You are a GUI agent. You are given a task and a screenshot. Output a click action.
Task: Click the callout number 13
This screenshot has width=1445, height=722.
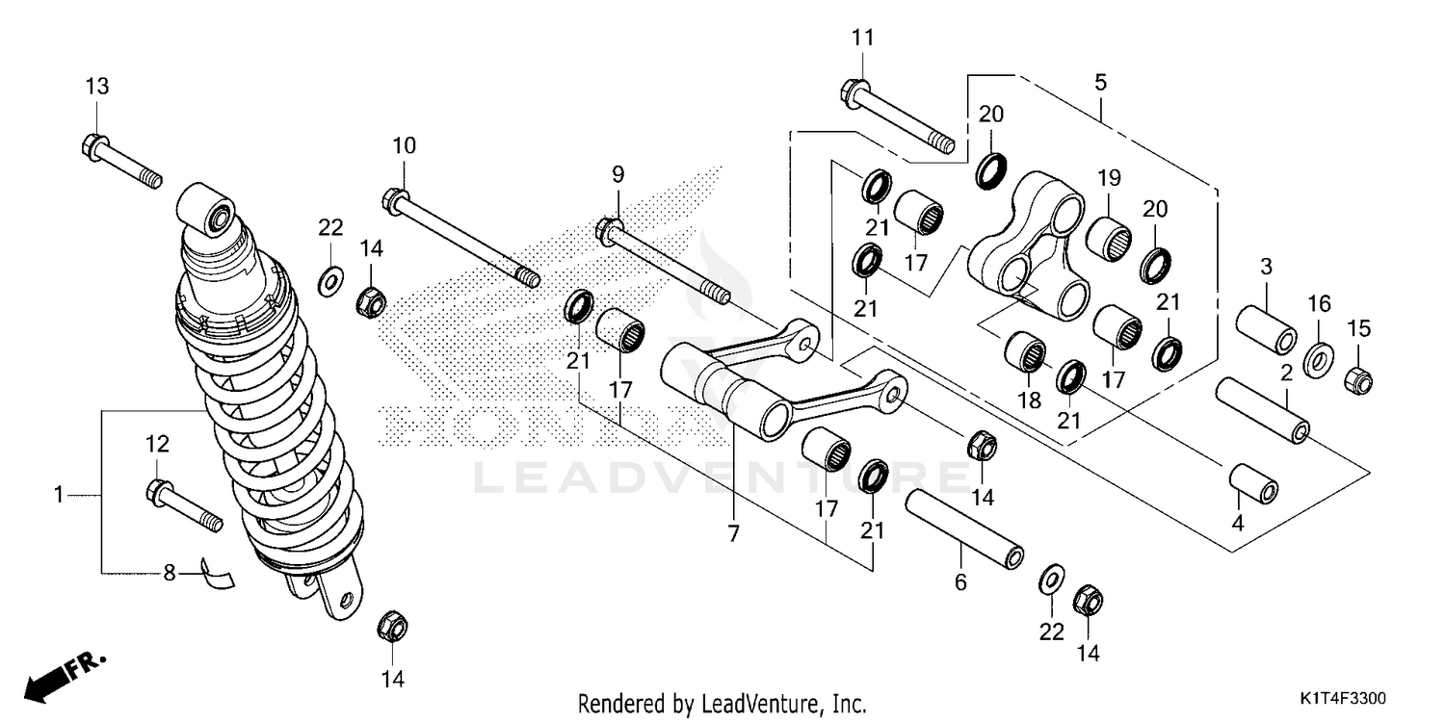(x=96, y=86)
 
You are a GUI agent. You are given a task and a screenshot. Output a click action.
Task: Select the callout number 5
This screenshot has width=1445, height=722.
(x=1100, y=83)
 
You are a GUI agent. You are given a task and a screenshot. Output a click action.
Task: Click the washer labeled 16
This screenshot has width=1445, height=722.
(x=1318, y=359)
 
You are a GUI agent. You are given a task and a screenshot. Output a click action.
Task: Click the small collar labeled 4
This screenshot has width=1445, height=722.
(x=1254, y=483)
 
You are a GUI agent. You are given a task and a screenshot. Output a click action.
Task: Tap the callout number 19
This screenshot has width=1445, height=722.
(x=1109, y=177)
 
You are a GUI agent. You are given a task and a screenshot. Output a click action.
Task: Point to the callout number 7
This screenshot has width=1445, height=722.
(x=734, y=532)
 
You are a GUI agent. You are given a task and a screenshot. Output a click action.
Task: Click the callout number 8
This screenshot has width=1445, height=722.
(x=169, y=573)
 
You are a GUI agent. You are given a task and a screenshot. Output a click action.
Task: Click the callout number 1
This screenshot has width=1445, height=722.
(x=59, y=495)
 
